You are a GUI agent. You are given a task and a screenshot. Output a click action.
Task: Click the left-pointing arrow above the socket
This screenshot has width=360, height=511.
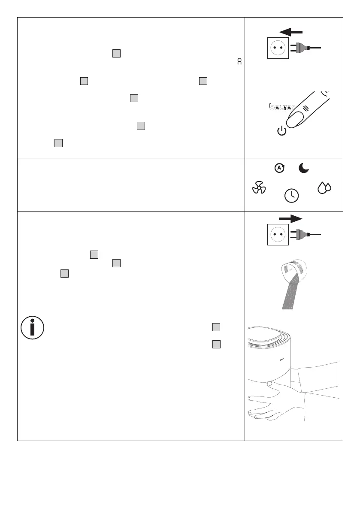tap(290, 32)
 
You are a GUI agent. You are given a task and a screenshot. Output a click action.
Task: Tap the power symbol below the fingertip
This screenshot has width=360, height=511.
tap(281, 131)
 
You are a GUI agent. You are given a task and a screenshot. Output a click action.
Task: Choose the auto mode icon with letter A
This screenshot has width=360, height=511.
tap(280, 168)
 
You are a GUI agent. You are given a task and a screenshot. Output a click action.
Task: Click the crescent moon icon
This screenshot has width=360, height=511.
tap(304, 169)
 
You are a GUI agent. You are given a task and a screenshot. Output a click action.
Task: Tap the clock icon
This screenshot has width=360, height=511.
tap(292, 195)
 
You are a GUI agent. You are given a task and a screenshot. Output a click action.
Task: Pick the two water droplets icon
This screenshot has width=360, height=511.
tap(324, 187)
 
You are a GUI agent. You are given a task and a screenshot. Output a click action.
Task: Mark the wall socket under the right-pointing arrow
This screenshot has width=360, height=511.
tap(278, 234)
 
